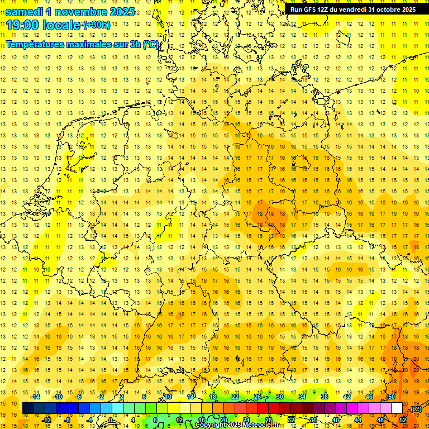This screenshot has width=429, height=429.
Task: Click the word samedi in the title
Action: pos(24,12)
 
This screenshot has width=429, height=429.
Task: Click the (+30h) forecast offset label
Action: pos(97,25)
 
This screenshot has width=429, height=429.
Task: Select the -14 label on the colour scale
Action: pos(36,397)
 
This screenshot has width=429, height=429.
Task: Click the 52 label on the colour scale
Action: pos(403,420)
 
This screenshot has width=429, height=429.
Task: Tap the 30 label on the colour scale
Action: pos(279,397)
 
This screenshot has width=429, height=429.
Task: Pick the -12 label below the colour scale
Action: pos(47,420)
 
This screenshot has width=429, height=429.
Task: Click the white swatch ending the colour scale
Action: pos(397,408)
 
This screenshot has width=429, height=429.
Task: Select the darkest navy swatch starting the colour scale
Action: pos(28,408)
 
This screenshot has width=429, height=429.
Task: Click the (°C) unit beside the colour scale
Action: pos(415,409)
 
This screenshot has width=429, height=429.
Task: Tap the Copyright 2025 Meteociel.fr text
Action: pos(237,425)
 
